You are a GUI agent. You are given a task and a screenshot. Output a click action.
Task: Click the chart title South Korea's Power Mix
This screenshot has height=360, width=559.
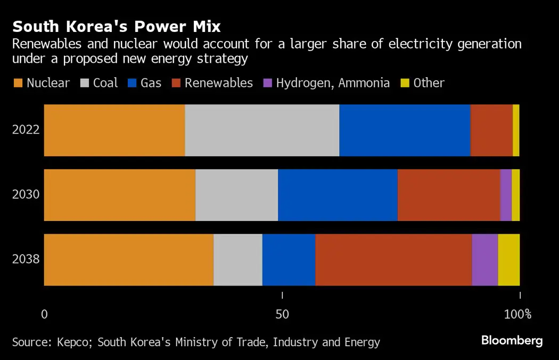(x=117, y=27)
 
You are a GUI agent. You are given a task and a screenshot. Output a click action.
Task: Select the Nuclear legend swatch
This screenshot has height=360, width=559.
(x=18, y=83)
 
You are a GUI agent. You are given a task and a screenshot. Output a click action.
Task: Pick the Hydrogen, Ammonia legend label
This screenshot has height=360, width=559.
(x=333, y=83)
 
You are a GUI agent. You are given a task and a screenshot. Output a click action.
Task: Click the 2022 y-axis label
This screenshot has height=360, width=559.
(x=26, y=130)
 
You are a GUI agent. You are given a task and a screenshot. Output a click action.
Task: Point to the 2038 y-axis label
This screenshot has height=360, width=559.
(x=26, y=259)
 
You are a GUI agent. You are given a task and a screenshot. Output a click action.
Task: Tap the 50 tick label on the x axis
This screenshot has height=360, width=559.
(x=282, y=314)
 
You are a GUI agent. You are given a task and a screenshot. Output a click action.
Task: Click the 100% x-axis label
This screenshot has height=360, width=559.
(x=517, y=314)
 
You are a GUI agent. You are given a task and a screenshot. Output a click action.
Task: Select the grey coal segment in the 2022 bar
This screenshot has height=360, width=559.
(x=262, y=130)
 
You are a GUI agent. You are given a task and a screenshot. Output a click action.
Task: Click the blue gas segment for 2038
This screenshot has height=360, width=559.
(x=289, y=259)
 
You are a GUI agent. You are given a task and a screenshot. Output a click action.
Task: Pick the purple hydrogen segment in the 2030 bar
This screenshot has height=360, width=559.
(x=506, y=195)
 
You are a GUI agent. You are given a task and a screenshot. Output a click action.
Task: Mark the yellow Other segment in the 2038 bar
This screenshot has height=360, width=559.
(x=508, y=259)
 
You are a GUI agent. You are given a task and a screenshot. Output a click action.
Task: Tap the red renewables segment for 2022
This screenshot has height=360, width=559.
(x=491, y=130)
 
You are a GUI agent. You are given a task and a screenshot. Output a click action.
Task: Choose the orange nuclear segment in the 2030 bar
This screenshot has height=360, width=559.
(x=120, y=195)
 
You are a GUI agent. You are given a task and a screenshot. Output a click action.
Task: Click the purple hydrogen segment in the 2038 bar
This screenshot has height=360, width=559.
(x=484, y=259)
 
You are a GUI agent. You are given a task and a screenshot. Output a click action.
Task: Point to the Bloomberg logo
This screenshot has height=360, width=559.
(x=512, y=341)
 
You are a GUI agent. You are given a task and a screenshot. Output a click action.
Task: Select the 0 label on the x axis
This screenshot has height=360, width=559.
(x=45, y=314)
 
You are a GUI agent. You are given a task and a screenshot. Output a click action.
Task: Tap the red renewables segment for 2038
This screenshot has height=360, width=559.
(x=393, y=259)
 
